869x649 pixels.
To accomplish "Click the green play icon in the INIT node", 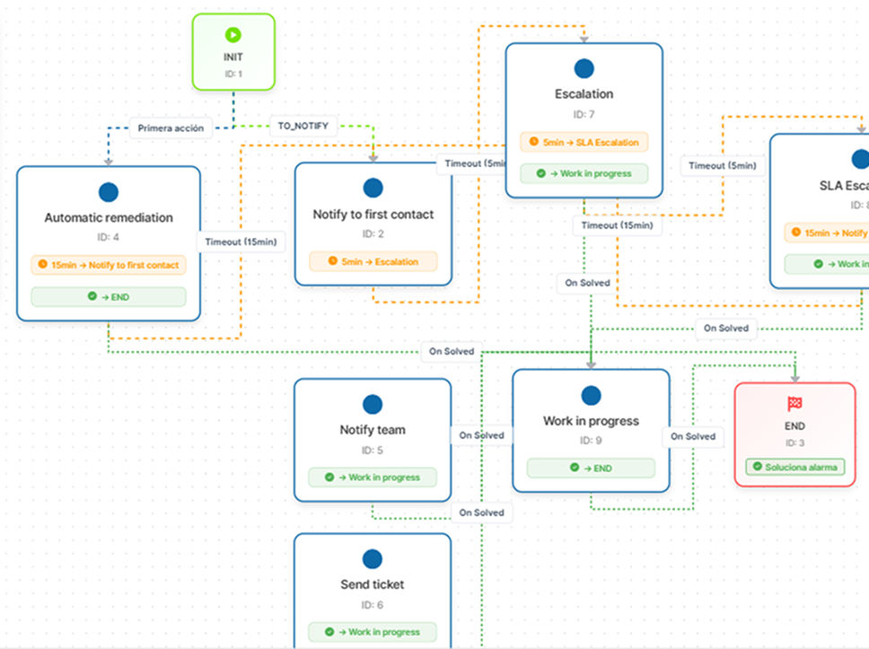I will coord(233,36).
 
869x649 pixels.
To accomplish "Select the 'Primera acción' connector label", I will coord(171,127).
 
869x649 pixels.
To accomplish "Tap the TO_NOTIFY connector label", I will coord(303,127).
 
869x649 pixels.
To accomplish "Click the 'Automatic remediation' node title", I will coord(109,217).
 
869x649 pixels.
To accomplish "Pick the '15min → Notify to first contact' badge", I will coord(109,265).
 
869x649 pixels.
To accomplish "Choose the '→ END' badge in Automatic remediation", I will coord(109,296).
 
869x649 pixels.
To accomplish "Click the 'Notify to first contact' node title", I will coord(373,215).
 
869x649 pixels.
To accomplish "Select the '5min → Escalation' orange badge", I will coord(373,261).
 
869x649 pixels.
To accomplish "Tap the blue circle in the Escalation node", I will coord(584,68).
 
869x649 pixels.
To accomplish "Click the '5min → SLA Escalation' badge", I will coord(584,142).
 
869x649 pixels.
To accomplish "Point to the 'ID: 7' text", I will coord(584,114).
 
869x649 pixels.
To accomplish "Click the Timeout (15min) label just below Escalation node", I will coord(618,226).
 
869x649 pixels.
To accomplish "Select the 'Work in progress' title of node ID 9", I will coord(591,421).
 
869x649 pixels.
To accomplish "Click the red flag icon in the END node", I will coord(794,404).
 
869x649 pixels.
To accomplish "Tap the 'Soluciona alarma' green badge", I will coord(794,467).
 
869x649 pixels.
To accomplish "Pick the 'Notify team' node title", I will coord(373,430).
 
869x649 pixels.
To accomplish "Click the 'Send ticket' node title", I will coord(373,584).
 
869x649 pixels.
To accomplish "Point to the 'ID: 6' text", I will coord(373,605).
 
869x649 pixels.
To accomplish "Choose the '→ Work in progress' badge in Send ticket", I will coord(373,632).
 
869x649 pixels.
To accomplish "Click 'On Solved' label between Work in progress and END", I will coord(694,436).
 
